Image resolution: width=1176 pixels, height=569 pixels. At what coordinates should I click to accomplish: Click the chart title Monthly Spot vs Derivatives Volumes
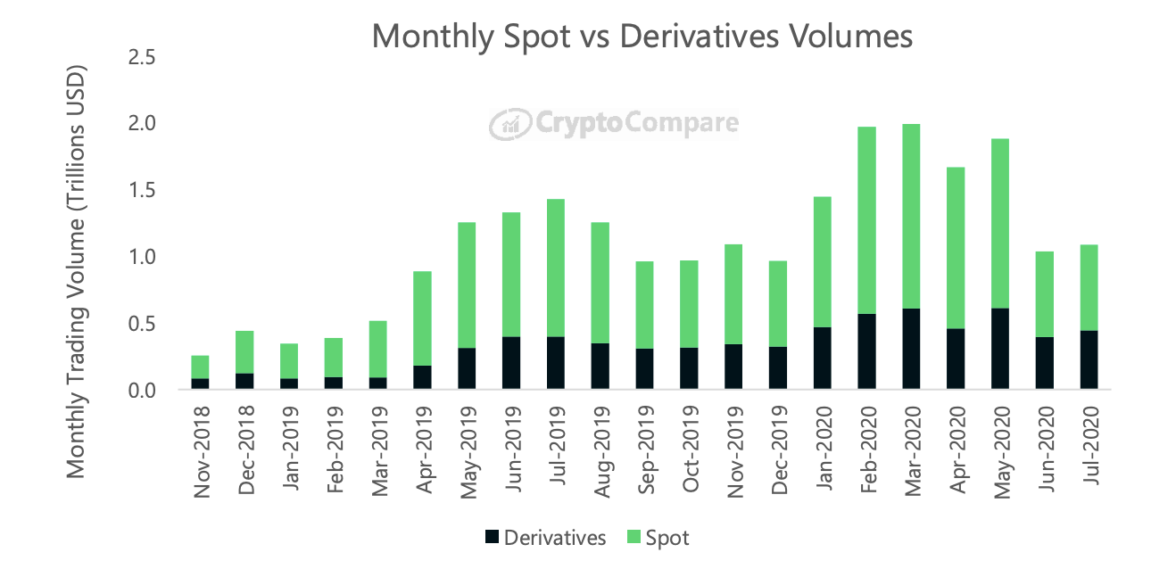coord(642,36)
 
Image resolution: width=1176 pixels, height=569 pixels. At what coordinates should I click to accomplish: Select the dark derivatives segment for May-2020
coord(999,349)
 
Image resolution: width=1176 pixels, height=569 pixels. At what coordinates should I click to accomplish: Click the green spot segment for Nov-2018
coord(200,367)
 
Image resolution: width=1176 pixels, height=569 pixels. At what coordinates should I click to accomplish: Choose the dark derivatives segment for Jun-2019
coord(511,363)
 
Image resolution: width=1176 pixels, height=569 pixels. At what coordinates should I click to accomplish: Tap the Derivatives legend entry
coord(545,538)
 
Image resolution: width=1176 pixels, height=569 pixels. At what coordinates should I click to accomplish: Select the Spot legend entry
coord(658,538)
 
